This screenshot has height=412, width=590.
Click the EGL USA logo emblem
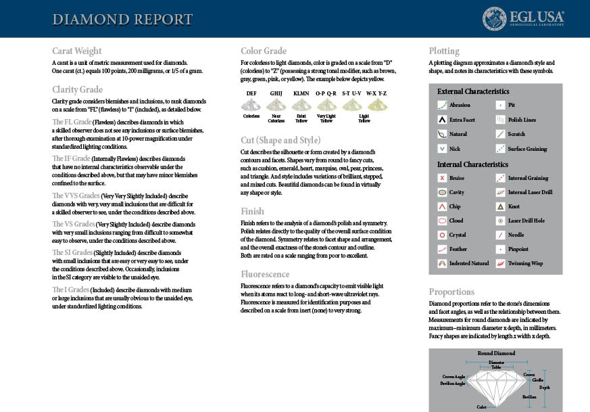coord(495,19)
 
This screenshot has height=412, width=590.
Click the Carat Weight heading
coord(77,51)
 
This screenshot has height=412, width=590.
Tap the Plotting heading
coord(444,51)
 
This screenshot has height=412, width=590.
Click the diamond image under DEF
coord(251,105)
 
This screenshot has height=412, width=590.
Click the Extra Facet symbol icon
coord(442,120)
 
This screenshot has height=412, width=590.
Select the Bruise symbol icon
coord(442,178)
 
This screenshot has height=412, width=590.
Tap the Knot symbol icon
coord(500,206)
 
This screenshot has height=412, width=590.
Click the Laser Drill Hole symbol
coord(500,221)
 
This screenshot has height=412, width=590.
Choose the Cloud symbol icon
coord(442,221)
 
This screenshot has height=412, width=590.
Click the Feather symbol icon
coord(442,250)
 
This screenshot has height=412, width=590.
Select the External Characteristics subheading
coord(473,91)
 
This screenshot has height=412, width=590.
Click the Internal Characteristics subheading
coord(472,164)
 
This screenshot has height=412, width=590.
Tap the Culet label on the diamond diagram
coord(481,407)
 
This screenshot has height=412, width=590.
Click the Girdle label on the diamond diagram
coord(538,380)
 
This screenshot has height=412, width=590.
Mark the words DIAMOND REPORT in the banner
coord(122,19)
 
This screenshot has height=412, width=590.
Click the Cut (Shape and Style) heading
coord(280,140)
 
